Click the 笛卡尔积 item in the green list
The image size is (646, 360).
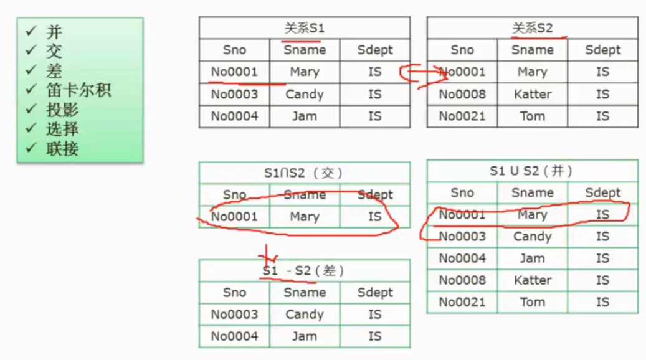(78, 90)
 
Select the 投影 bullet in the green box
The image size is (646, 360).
(62, 110)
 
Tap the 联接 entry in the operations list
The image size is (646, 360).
(62, 149)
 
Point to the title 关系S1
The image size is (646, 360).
(304, 28)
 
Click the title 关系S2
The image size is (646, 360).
(532, 28)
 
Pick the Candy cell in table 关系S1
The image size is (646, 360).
(304, 95)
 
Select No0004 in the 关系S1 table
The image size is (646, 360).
(234, 116)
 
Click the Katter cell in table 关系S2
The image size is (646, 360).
(532, 95)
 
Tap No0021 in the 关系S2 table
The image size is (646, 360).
(462, 116)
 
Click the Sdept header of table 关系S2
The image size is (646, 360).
(602, 50)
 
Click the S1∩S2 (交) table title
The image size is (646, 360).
(304, 173)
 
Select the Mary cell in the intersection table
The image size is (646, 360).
(304, 217)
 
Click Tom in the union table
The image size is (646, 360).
(532, 302)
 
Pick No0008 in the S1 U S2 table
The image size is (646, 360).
(462, 280)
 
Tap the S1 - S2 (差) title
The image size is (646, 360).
(304, 271)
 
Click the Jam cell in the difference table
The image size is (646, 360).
(304, 336)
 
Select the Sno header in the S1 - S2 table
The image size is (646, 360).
(234, 293)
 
